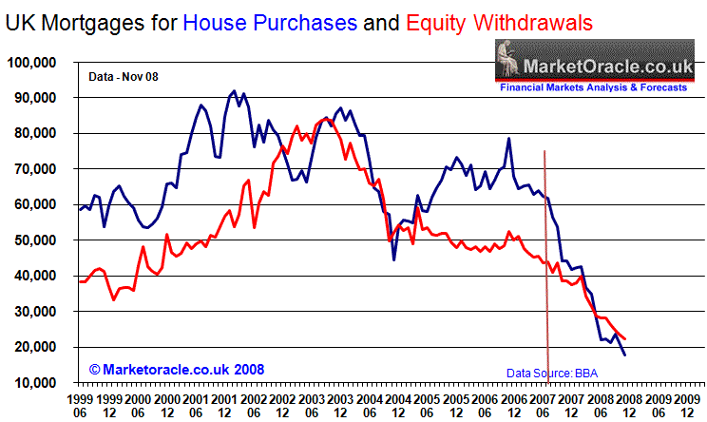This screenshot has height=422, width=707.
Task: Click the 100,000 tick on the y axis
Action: point(31,63)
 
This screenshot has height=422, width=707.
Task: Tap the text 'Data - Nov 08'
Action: point(123,74)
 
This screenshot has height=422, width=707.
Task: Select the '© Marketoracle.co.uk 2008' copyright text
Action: point(176,367)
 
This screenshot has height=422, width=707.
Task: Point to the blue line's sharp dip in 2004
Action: point(393,259)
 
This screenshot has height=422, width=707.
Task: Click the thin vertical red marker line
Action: point(546,266)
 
